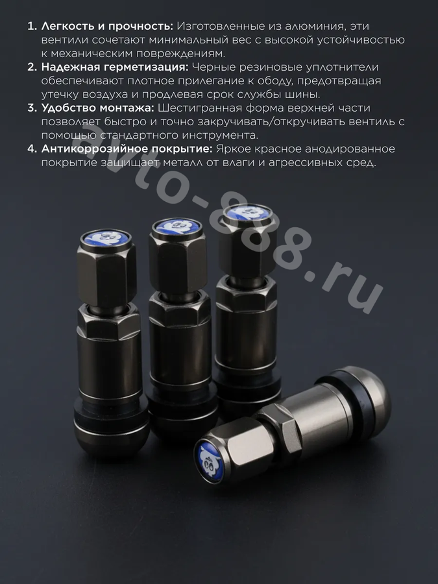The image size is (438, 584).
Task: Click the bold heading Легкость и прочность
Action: pos(107,27)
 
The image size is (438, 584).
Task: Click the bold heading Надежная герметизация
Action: pos(115,67)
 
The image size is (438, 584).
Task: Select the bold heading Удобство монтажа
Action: pos(97,108)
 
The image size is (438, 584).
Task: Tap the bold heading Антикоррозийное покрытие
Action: pos(127,149)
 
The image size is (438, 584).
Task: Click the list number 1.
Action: pos(32,27)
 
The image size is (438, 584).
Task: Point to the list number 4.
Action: pos(32,149)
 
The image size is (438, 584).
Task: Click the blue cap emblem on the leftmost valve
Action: pos(106,238)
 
